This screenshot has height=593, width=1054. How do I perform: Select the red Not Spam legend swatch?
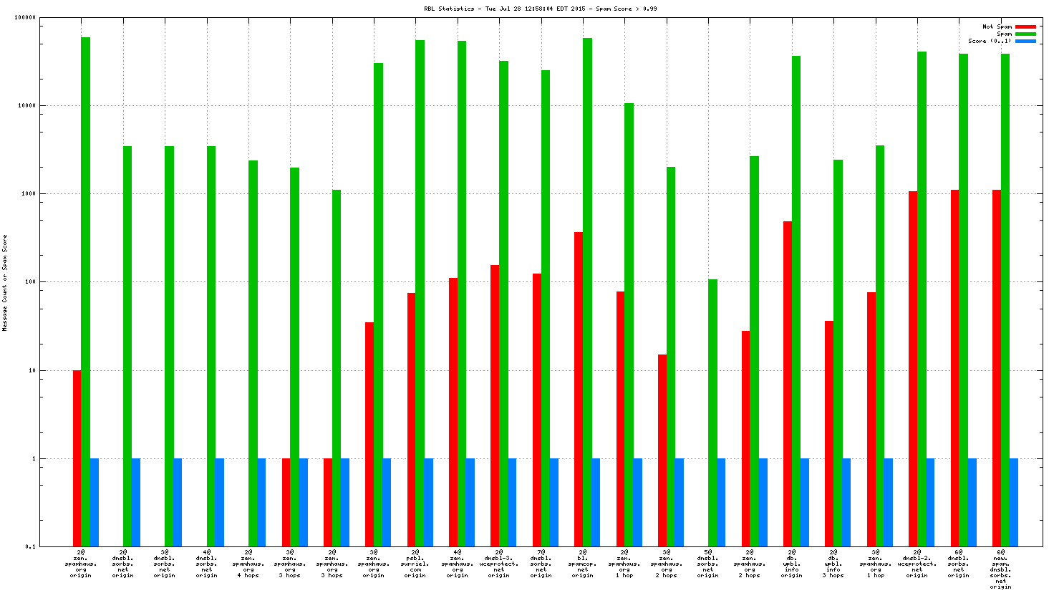pyautogui.click(x=1025, y=26)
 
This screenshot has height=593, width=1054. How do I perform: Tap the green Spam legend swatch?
pyautogui.click(x=1025, y=34)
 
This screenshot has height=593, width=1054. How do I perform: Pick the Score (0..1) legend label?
pyautogui.click(x=990, y=41)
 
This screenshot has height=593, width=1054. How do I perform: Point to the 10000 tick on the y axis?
pyautogui.click(x=28, y=105)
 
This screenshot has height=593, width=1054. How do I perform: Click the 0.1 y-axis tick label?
pyautogui.click(x=31, y=546)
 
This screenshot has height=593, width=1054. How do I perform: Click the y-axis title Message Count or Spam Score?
pyautogui.click(x=5, y=282)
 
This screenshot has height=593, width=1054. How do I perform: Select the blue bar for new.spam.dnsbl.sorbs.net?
pyautogui.click(x=1013, y=502)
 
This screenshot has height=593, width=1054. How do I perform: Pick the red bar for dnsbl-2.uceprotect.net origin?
pyautogui.click(x=913, y=368)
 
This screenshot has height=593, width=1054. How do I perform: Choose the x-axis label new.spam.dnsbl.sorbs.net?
pyautogui.click(x=1000, y=569)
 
